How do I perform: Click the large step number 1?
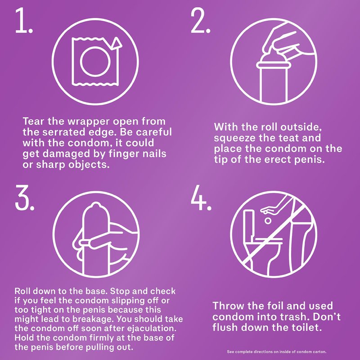tap(24, 20)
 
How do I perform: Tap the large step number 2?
tap(200, 20)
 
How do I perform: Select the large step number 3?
tap(25, 198)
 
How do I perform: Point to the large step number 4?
tap(201, 198)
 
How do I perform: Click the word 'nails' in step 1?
tap(154, 153)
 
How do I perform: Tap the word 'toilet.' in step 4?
tap(305, 328)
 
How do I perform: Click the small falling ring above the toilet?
tap(267, 221)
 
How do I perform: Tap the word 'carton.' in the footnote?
tap(319, 352)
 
